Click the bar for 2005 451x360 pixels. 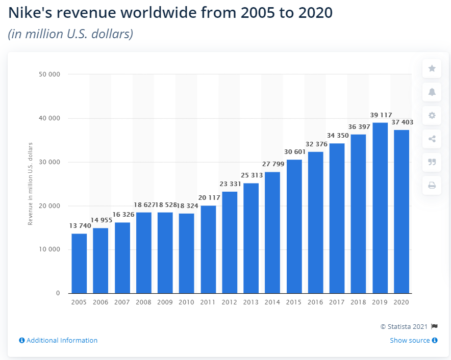[x=79, y=263]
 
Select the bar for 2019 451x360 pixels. [x=380, y=208]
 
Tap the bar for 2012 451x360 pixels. [x=230, y=242]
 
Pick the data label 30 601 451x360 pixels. [x=294, y=152]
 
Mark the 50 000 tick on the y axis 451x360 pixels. [x=49, y=74]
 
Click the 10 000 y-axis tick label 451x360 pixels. [x=49, y=250]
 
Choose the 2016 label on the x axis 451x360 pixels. [x=315, y=302]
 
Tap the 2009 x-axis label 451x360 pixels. [x=165, y=302]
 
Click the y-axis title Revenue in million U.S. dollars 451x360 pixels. [x=31, y=184]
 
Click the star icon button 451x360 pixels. [x=432, y=68]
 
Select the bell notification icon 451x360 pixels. [x=432, y=92]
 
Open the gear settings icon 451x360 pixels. [x=432, y=115]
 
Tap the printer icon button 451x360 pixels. [x=432, y=186]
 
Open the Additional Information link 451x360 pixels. [x=58, y=340]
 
